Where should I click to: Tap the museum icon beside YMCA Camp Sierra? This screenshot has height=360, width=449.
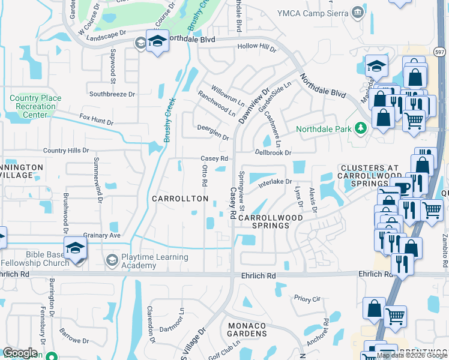click(x=358, y=12)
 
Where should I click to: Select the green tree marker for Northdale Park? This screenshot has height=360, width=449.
click(x=361, y=128)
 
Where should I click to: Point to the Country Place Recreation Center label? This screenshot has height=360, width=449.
click(x=36, y=106)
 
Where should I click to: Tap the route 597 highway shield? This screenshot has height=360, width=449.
click(x=439, y=53)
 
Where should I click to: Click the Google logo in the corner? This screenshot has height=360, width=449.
click(x=20, y=353)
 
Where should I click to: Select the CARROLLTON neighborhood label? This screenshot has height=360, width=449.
click(x=180, y=199)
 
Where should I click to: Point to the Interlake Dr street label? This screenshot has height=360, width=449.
click(x=275, y=182)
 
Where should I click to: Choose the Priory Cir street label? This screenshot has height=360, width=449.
click(x=308, y=298)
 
